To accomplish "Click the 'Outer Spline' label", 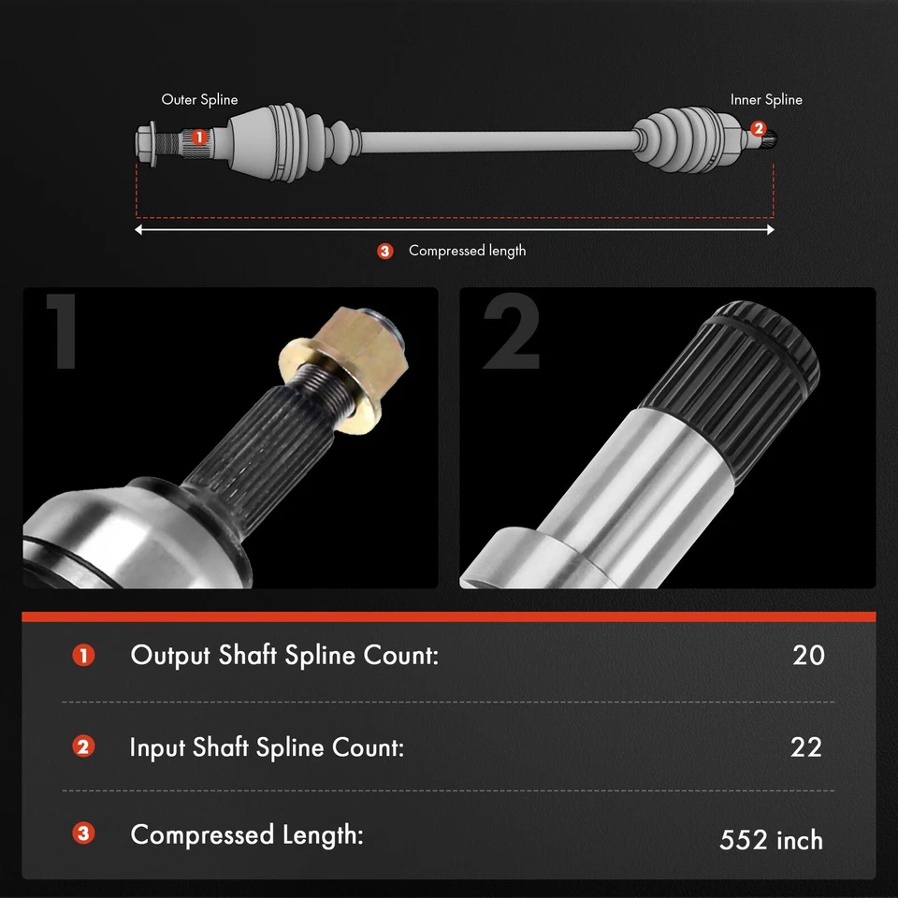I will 199,99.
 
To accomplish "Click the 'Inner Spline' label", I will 766,99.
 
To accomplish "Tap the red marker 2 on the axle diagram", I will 758,128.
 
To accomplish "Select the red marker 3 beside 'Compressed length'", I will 385,251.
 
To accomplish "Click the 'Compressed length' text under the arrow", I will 467,251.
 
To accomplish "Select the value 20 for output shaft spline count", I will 808,655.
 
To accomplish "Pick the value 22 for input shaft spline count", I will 805,747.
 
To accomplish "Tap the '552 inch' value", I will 771,840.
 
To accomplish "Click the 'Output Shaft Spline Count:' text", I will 284,655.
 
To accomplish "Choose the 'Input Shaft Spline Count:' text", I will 267,747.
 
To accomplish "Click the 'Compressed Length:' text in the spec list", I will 246,834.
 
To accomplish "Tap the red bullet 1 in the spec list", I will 84,655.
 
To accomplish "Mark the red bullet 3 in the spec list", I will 84,833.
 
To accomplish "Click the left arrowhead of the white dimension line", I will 139,228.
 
